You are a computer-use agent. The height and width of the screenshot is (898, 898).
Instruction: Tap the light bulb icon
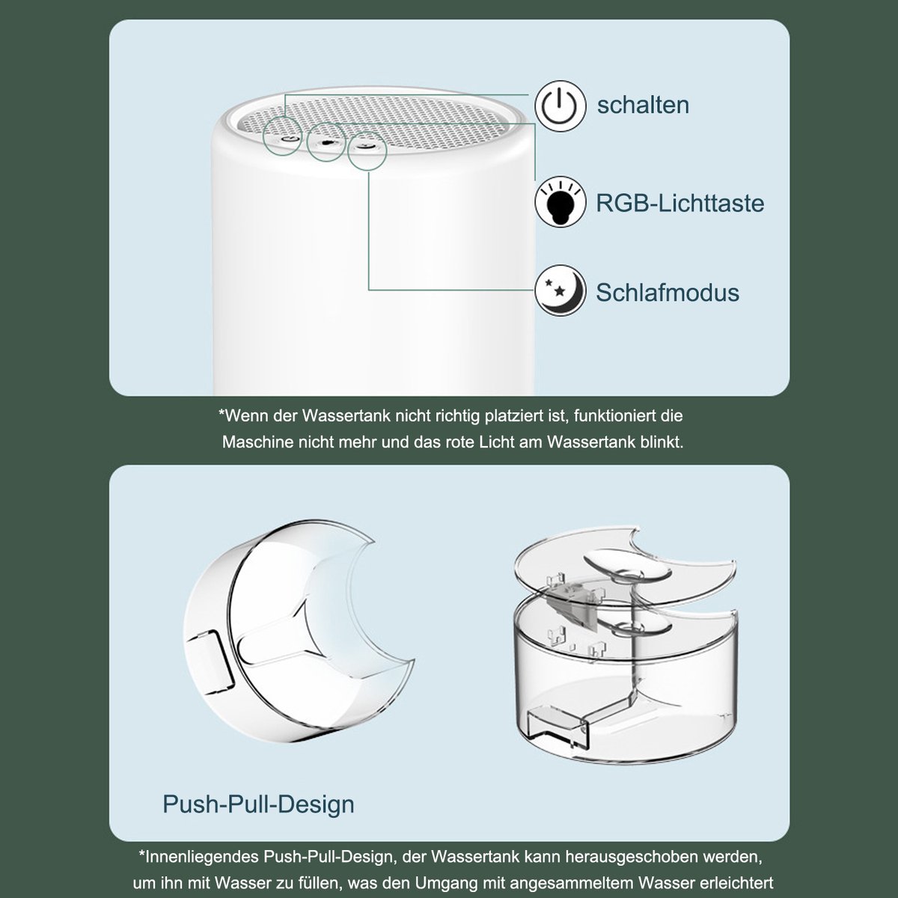[560, 202]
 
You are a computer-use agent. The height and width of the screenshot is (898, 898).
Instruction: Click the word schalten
[643, 105]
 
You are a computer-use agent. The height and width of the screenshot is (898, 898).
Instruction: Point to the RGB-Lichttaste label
[680, 204]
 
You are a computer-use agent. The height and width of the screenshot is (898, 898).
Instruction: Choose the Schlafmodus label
[668, 293]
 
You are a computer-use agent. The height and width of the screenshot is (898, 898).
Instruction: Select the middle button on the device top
[327, 143]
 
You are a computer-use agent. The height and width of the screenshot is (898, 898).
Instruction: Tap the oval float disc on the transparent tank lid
[627, 566]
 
